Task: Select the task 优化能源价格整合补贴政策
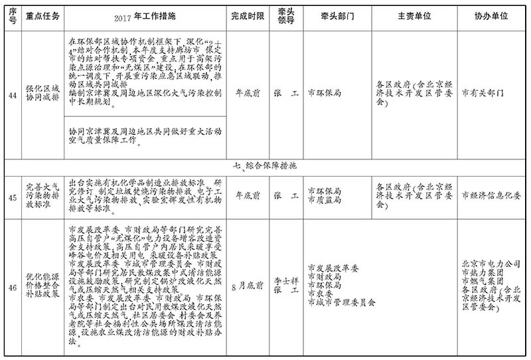44,287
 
